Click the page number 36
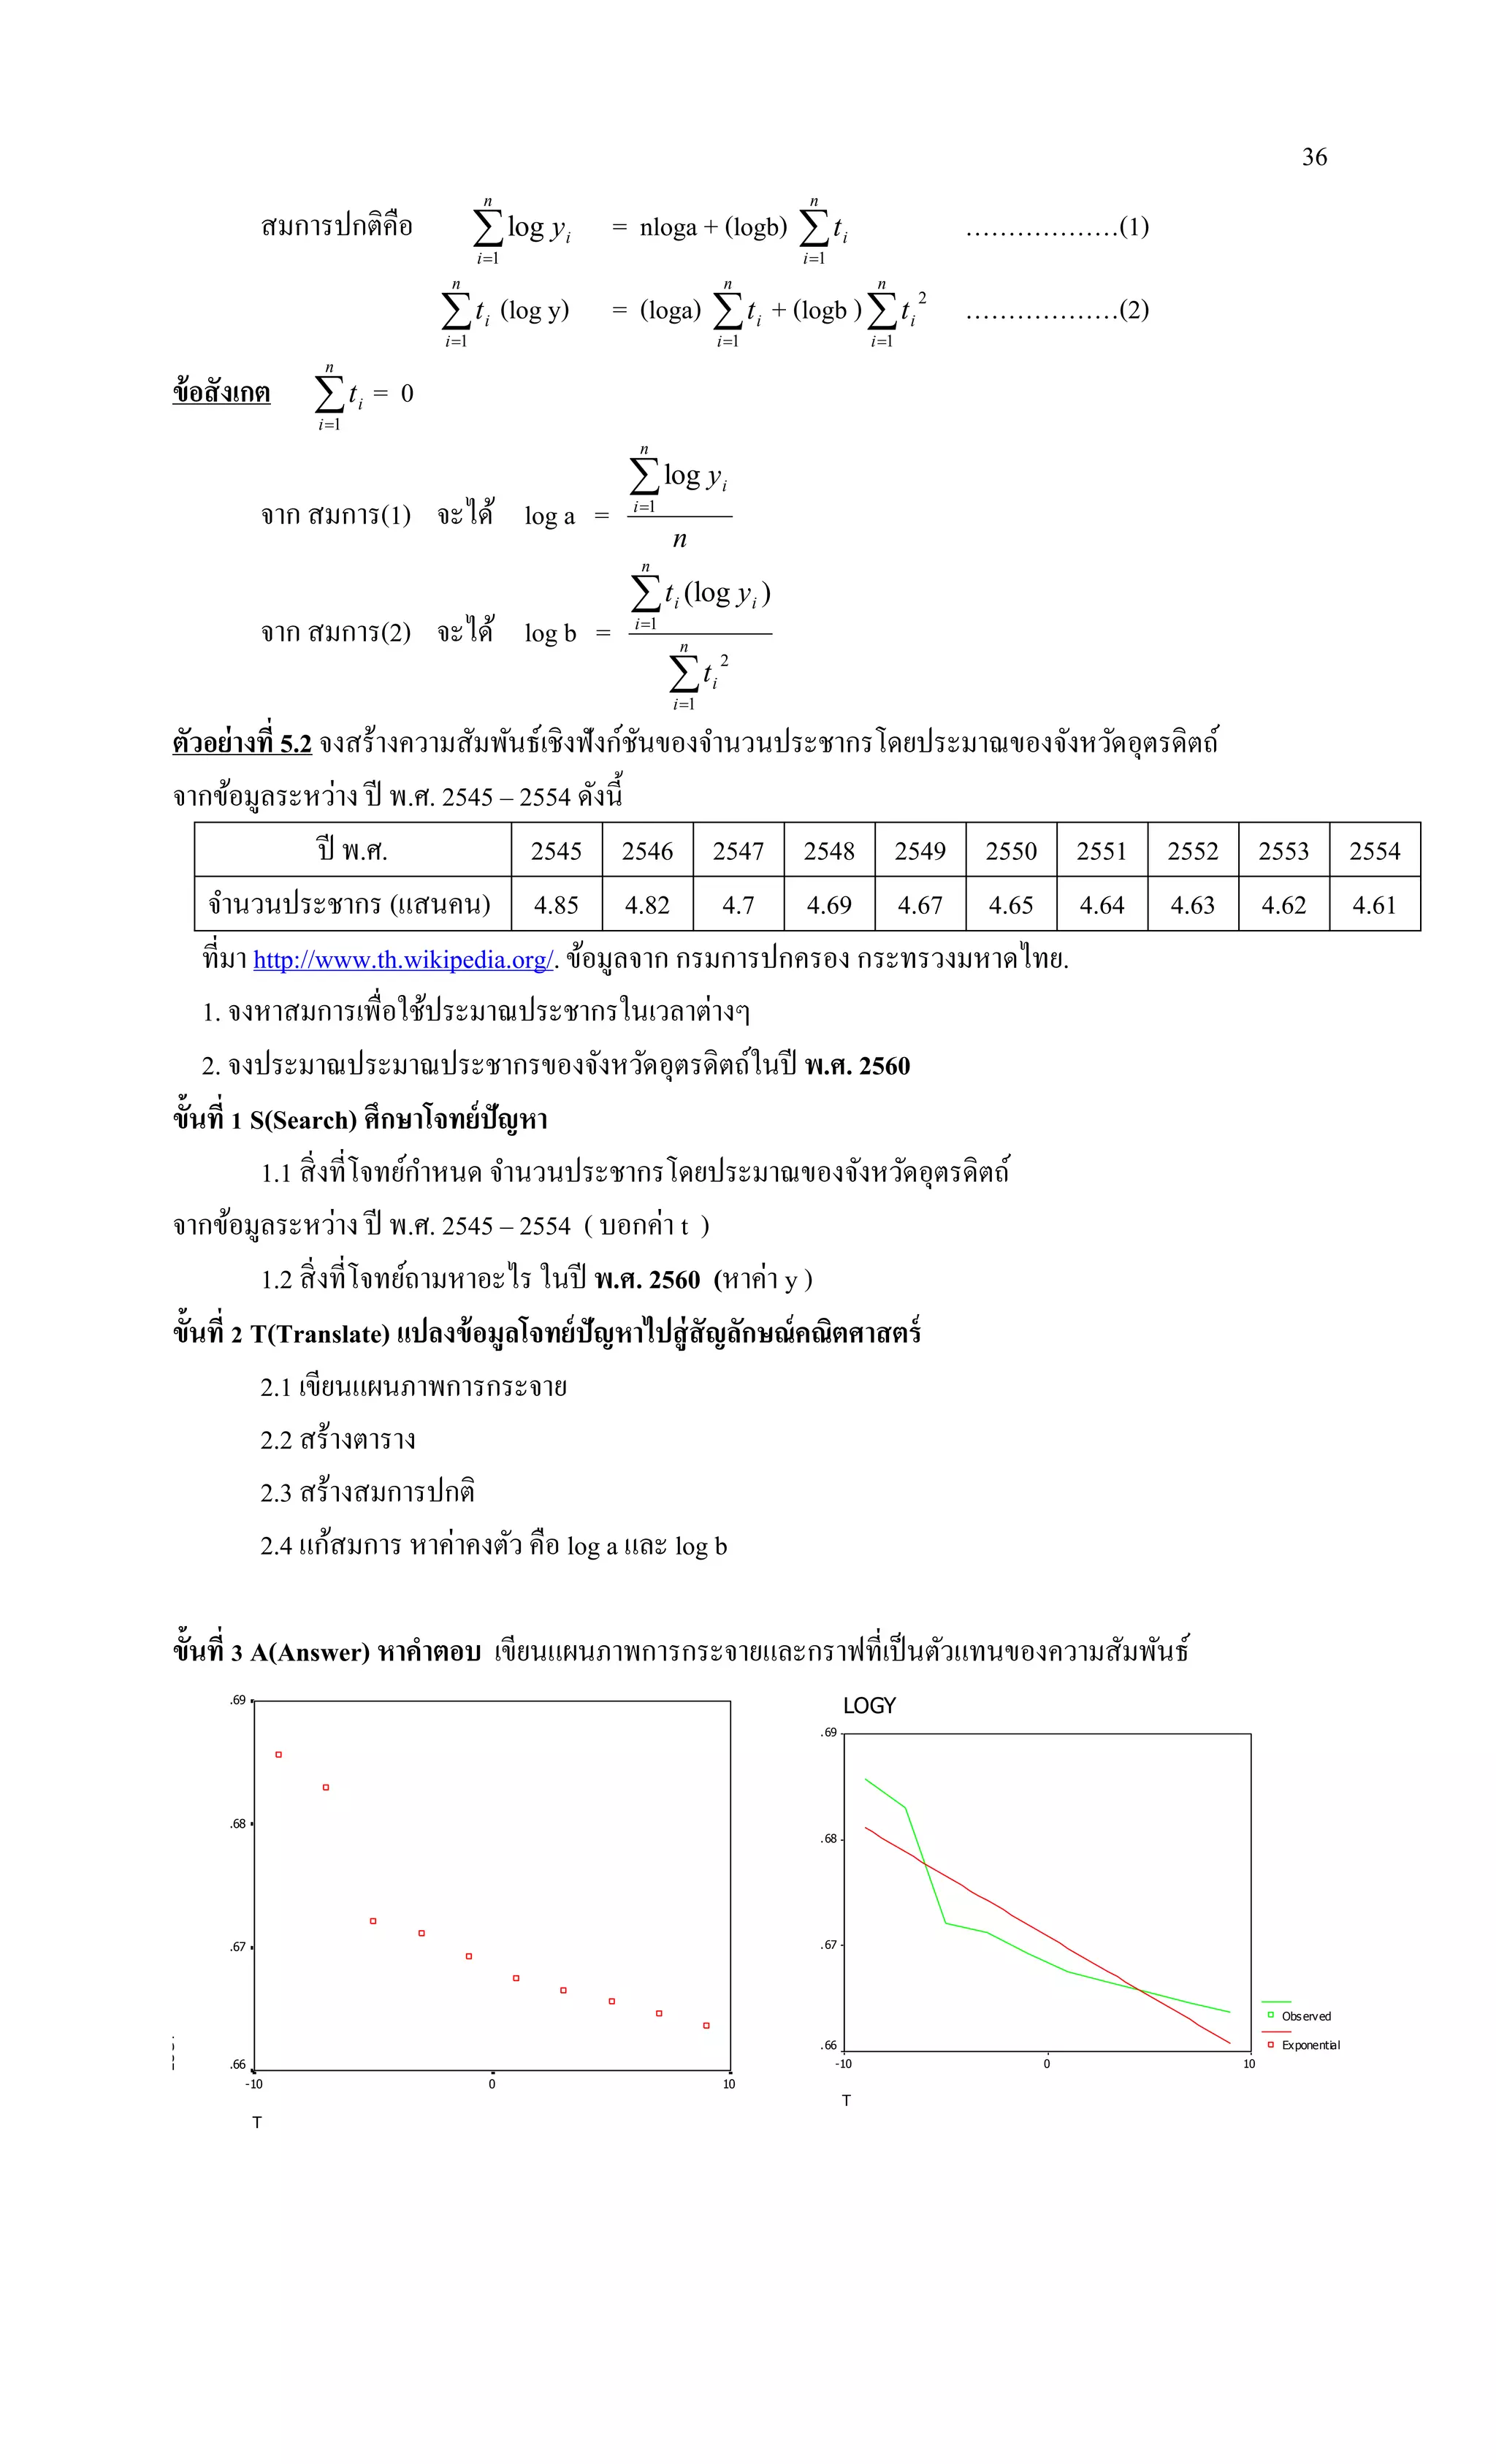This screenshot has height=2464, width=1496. (x=1314, y=157)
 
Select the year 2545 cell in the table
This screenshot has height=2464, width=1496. (x=556, y=851)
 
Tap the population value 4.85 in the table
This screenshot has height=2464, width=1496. (x=556, y=905)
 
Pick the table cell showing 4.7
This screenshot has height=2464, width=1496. (x=738, y=905)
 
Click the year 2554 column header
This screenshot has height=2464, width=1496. (x=1374, y=851)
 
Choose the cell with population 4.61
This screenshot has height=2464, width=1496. (x=1374, y=905)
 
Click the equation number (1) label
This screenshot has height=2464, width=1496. (x=1134, y=227)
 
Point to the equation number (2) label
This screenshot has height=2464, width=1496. (x=1134, y=310)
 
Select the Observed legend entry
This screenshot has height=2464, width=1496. (x=1305, y=2016)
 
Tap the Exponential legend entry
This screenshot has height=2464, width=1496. (x=1310, y=2045)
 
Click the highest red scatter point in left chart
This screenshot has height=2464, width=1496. (x=279, y=1755)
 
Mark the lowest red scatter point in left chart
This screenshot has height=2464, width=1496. (x=706, y=2026)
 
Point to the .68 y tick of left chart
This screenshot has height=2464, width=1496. (x=238, y=1824)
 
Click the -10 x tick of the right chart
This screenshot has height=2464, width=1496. (x=844, y=2064)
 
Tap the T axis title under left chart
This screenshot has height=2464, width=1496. (x=257, y=2122)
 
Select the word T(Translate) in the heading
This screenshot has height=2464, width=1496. (x=320, y=1334)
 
